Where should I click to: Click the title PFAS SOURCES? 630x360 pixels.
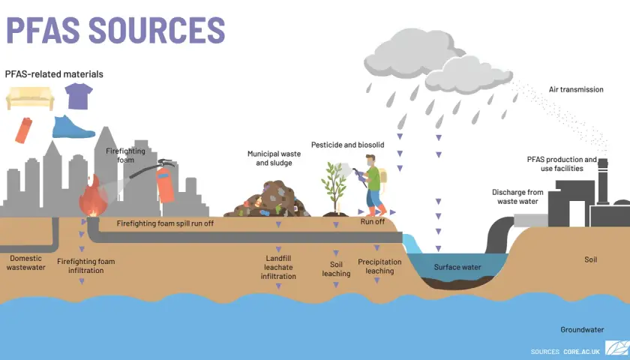click(115, 30)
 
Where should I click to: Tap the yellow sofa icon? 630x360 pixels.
click(30, 98)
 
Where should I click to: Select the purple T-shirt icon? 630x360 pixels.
click(79, 96)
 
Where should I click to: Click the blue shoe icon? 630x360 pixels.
click(73, 127)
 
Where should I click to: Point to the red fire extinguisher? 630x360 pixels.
click(165, 183)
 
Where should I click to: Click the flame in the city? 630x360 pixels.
click(93, 196)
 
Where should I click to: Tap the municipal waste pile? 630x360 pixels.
click(267, 199)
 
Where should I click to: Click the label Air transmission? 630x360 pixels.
click(576, 89)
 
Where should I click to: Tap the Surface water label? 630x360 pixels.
click(457, 267)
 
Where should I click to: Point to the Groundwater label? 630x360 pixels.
click(582, 330)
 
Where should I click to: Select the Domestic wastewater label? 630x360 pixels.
click(25, 262)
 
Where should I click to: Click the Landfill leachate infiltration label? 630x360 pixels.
click(278, 267)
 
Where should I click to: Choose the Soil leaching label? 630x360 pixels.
click(336, 268)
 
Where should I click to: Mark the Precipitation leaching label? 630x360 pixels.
click(379, 266)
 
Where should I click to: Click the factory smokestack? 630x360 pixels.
click(603, 181)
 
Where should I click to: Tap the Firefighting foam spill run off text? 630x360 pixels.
click(165, 223)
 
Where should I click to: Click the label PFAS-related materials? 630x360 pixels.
click(54, 74)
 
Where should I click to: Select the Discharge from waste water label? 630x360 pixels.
click(517, 196)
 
